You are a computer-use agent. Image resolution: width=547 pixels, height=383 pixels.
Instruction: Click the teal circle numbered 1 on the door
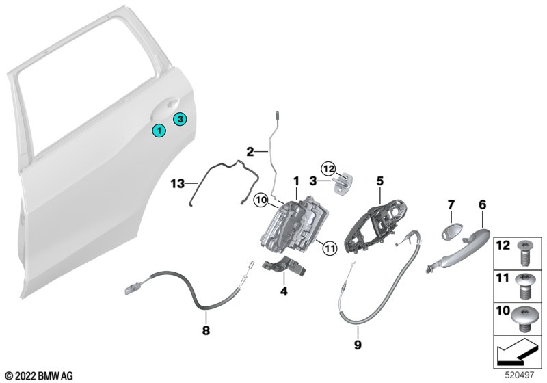pyautogui.click(x=159, y=131)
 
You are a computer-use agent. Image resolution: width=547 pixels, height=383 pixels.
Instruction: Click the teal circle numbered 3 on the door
pyautogui.click(x=180, y=119)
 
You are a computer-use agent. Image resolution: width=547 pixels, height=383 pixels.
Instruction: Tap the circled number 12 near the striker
pyautogui.click(x=329, y=169)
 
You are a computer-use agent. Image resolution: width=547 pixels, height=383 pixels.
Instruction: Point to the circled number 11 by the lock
pyautogui.click(x=330, y=248)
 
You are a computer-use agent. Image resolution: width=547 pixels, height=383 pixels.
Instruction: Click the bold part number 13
pyautogui.click(x=178, y=183)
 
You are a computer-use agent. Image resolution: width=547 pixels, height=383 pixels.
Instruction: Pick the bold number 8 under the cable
pyautogui.click(x=206, y=330)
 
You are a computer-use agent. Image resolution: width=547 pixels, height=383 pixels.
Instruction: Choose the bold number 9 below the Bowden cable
pyautogui.click(x=358, y=345)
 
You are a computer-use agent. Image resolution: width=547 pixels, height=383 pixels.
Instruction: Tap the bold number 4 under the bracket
pyautogui.click(x=284, y=291)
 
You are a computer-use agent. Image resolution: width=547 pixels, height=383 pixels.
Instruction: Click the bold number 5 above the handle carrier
pyautogui.click(x=380, y=181)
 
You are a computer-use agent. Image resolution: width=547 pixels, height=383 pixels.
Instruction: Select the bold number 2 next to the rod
pyautogui.click(x=250, y=152)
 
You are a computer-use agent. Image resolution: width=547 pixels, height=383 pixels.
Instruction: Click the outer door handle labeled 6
pyautogui.click(x=457, y=251)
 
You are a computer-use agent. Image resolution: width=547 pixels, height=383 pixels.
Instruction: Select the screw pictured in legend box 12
pyautogui.click(x=522, y=253)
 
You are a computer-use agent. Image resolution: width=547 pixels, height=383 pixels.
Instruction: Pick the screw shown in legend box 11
pyautogui.click(x=524, y=286)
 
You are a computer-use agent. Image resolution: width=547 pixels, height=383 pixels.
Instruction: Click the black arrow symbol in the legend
pyautogui.click(x=516, y=352)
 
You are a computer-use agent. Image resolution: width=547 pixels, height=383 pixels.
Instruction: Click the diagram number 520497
pyautogui.click(x=519, y=375)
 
